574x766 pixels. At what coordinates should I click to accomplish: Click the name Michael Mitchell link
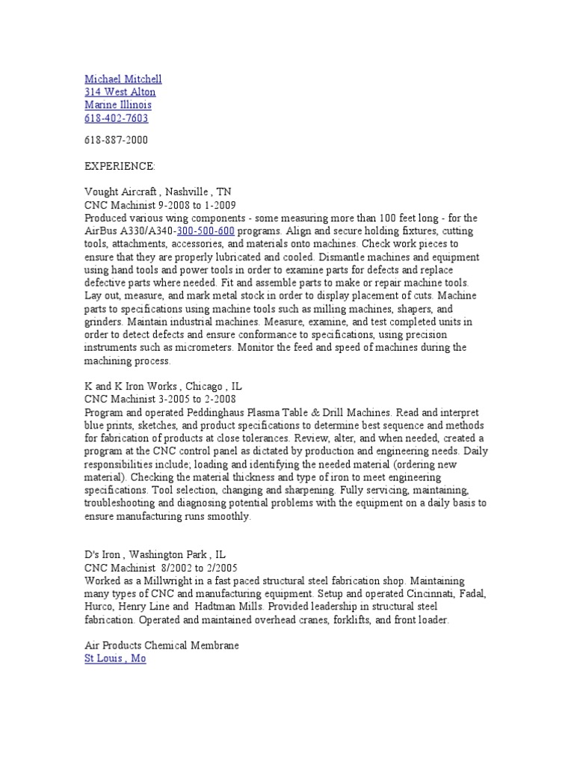point(123,79)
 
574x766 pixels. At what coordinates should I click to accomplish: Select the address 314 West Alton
point(120,92)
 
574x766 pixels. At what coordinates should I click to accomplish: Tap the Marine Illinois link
point(117,105)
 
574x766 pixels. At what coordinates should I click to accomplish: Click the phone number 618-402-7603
point(116,118)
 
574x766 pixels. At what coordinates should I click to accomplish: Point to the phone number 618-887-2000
point(116,140)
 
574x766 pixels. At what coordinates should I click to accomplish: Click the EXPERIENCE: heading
point(120,165)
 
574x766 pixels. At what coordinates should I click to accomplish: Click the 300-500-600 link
point(206,231)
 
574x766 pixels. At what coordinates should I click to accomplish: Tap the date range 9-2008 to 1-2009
point(173,204)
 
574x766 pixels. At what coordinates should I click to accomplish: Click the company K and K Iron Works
point(130,387)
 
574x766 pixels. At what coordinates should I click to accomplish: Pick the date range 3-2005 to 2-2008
point(173,400)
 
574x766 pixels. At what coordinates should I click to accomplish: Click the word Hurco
point(99,607)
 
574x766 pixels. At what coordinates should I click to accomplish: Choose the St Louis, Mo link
point(115,660)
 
